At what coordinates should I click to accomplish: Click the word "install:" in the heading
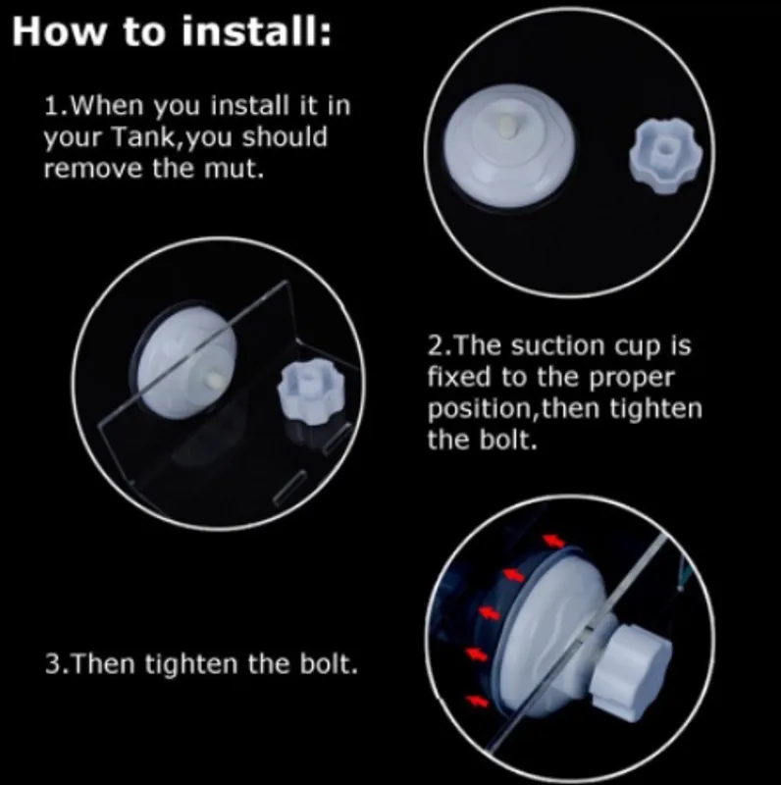256,31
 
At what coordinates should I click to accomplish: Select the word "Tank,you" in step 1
173,137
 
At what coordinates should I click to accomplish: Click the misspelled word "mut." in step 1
234,168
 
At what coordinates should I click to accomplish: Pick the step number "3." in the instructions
58,664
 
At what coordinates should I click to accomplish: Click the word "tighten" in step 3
191,664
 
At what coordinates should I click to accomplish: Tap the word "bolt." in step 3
329,664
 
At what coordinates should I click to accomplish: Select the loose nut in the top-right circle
665,156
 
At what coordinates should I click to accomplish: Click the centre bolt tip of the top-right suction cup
507,126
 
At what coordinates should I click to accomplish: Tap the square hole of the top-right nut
665,148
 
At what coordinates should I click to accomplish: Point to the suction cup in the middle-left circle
183,361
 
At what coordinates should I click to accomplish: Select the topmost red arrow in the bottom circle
552,541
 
